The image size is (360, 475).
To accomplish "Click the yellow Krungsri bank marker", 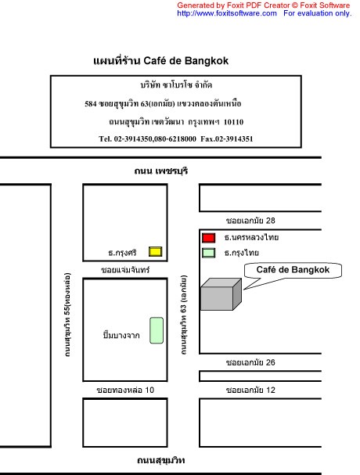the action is [x=155, y=251].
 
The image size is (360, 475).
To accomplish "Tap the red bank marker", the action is [x=208, y=238].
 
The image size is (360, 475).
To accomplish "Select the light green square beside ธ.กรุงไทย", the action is [x=208, y=253].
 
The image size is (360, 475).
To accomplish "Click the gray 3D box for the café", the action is [x=221, y=294].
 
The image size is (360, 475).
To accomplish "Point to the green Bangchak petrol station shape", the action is [x=157, y=330].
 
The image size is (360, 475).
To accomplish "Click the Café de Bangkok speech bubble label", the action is [x=293, y=270].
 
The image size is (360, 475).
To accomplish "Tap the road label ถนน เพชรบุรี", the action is [x=161, y=171].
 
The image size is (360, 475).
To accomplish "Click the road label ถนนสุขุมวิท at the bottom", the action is [x=161, y=460].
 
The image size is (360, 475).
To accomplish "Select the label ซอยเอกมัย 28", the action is [x=250, y=221].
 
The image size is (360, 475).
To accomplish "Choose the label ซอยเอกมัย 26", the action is [x=250, y=362].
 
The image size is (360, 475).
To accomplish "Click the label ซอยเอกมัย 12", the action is [x=250, y=390].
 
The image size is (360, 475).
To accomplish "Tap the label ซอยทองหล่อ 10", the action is [x=125, y=390].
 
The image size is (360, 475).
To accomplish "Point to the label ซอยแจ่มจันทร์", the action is [x=125, y=270].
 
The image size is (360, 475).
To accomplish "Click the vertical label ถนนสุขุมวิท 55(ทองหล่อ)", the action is [x=67, y=315].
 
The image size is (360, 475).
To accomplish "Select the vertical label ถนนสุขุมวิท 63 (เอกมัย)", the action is [x=184, y=315].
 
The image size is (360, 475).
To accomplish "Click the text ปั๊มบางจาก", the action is [x=121, y=335].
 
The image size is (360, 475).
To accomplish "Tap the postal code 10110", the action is [x=233, y=122].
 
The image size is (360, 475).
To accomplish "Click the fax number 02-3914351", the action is [x=234, y=139].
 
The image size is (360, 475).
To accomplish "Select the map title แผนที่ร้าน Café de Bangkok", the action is [x=161, y=61].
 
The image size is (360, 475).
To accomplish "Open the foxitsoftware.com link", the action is [x=227, y=13].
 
